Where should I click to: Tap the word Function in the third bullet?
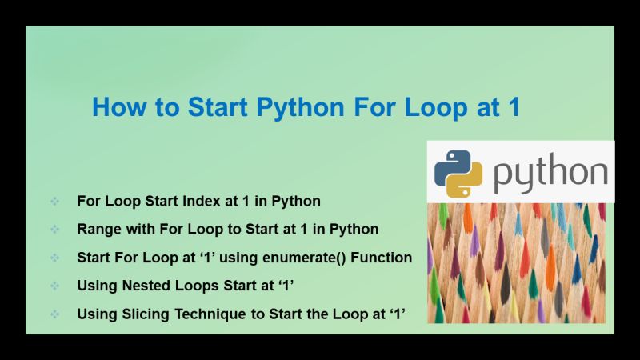click(x=382, y=258)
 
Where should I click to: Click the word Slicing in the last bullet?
click(x=144, y=314)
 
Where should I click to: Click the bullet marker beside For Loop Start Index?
click(x=54, y=201)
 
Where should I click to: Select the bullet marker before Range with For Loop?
click(x=54, y=230)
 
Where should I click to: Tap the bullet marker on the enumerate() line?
click(x=54, y=258)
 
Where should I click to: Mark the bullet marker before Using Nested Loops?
click(x=54, y=286)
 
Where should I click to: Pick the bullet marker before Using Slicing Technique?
click(x=54, y=315)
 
